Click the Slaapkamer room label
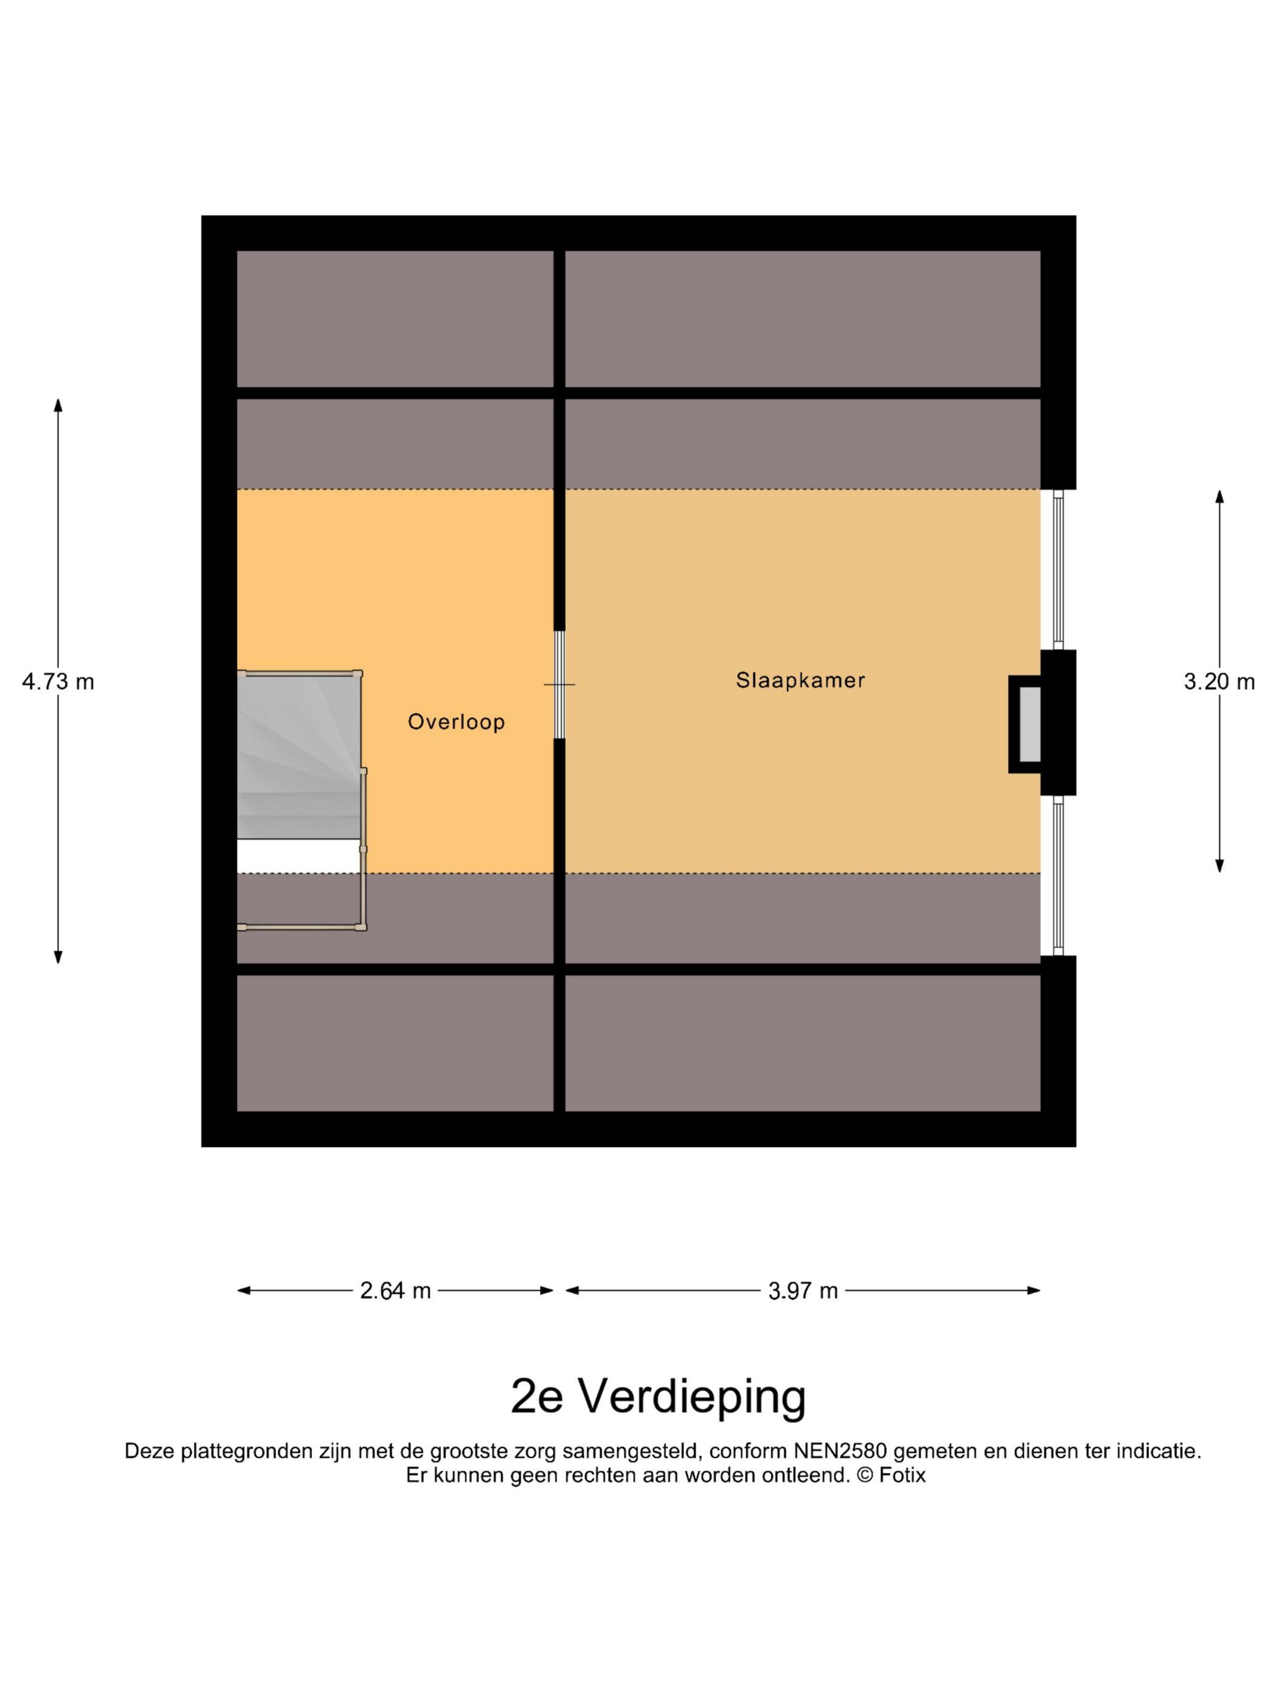[x=800, y=680]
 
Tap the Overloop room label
[x=455, y=722]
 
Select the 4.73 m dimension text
[x=58, y=682]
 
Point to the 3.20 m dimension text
[x=1219, y=682]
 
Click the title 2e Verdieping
[x=657, y=1396]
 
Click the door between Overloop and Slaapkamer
[x=559, y=684]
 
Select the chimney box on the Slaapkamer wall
[x=1028, y=724]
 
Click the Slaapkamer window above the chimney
[x=1057, y=570]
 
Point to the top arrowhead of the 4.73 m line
[x=58, y=405]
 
